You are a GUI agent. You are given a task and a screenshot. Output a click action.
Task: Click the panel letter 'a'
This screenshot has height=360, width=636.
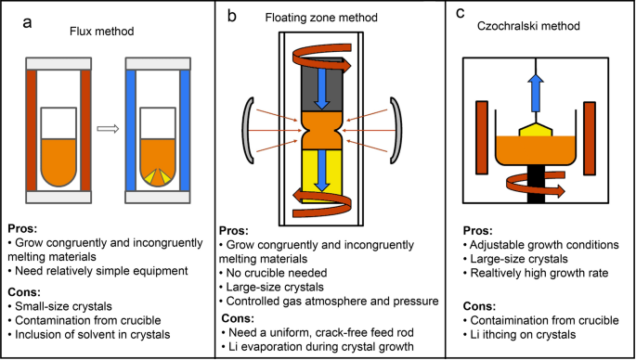[x=27, y=22]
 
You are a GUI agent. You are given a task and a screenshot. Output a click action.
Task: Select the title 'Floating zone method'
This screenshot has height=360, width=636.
[x=321, y=18]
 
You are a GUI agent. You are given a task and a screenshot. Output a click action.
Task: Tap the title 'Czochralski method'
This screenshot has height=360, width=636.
[x=528, y=27]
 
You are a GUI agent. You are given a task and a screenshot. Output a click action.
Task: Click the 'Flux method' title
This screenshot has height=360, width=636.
[x=102, y=32]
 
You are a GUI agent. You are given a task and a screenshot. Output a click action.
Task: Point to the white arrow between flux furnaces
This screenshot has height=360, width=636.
[x=108, y=129]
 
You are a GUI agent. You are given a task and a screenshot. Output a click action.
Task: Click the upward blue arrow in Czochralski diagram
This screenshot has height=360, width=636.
[x=536, y=93]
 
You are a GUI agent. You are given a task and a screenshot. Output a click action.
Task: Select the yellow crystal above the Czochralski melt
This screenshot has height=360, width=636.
[x=536, y=130]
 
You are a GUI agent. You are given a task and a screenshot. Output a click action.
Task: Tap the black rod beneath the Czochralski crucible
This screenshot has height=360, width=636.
[x=536, y=183]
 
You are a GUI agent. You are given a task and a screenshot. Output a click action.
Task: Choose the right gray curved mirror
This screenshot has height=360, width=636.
[x=396, y=131]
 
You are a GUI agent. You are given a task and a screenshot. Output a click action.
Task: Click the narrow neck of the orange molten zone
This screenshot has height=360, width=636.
[x=321, y=130]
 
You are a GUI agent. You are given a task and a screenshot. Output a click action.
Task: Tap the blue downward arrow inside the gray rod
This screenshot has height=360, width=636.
[x=321, y=88]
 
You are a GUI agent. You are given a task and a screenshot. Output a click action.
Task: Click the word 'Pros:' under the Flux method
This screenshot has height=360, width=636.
[x=22, y=228]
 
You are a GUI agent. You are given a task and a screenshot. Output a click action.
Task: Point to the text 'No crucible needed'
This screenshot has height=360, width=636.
[x=274, y=273]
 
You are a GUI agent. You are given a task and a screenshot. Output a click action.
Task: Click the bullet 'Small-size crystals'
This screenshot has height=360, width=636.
[x=60, y=305]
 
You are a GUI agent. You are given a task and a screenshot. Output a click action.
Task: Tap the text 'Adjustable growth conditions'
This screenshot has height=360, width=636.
[x=541, y=245]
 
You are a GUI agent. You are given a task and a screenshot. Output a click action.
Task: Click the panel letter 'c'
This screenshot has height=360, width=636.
[x=460, y=13]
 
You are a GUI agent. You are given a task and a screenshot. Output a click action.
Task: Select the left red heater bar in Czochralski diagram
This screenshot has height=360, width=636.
[x=482, y=138]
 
